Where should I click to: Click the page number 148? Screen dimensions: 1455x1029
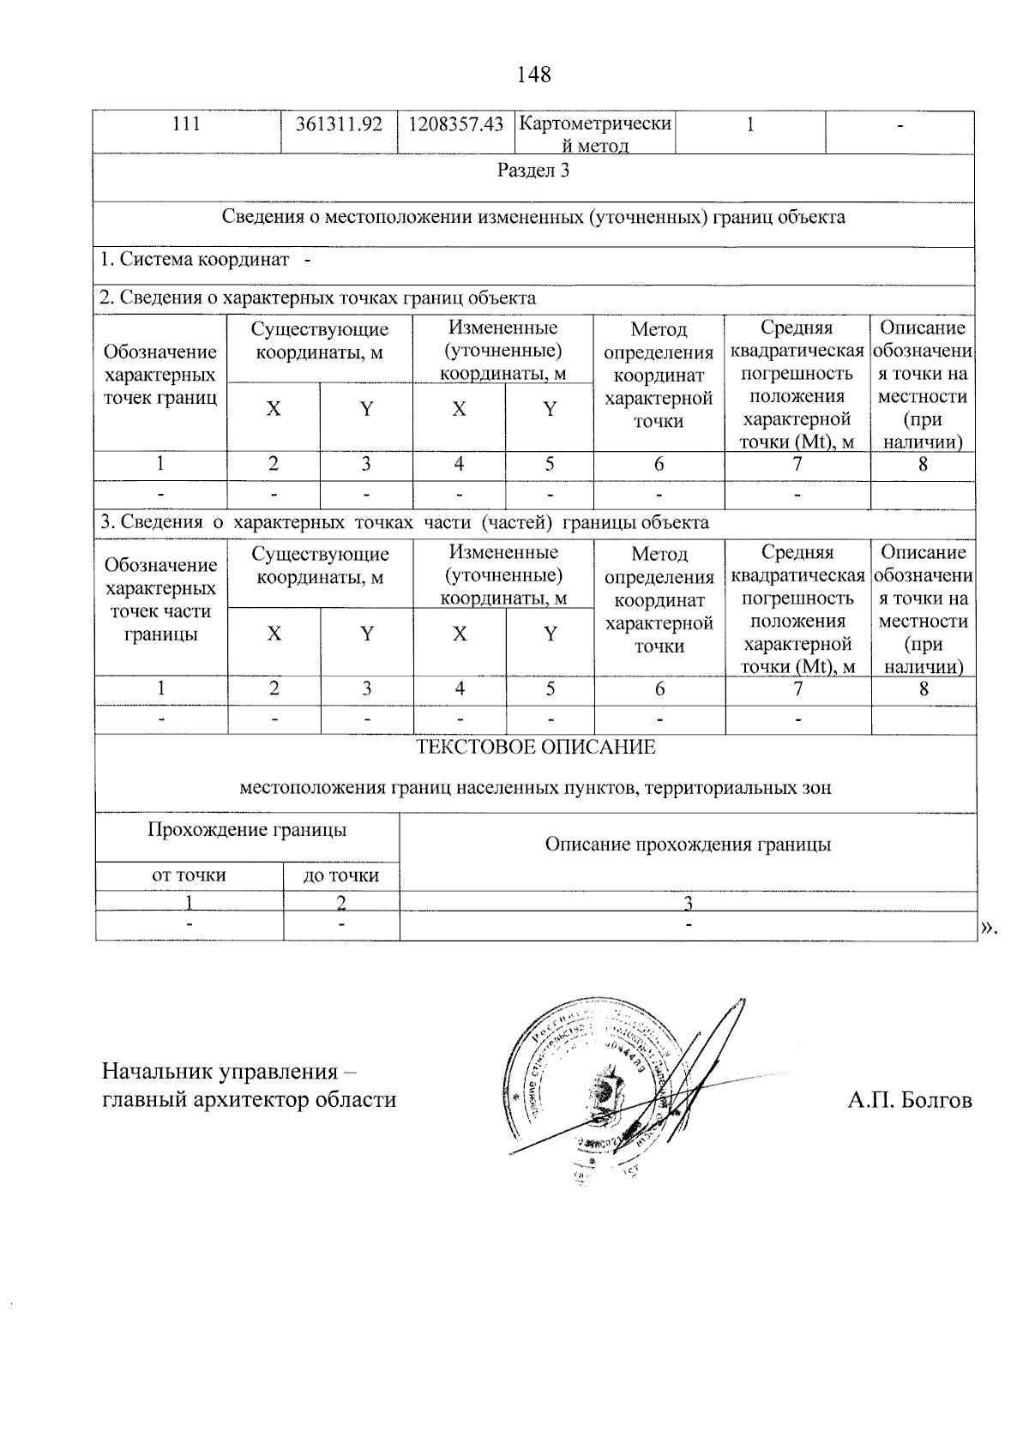[x=533, y=75]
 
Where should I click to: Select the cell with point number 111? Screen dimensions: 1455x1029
[x=186, y=124]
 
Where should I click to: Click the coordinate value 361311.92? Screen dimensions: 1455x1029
[x=339, y=124]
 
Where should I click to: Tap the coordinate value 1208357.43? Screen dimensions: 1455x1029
[x=455, y=124]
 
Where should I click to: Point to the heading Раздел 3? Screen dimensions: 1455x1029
[x=533, y=171]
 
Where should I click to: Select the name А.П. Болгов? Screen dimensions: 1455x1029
[x=910, y=1100]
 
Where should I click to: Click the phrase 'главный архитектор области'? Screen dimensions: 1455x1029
[x=249, y=1100]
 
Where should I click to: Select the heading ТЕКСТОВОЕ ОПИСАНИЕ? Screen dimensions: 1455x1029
[x=535, y=747]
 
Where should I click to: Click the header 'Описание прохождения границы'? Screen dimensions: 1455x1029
[x=688, y=845]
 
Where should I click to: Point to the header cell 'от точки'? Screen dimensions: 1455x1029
[x=189, y=875]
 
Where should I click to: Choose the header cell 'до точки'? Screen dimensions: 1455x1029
[x=341, y=875]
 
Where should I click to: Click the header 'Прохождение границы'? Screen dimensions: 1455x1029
[x=247, y=830]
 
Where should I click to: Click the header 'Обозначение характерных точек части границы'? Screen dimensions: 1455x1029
[x=160, y=600]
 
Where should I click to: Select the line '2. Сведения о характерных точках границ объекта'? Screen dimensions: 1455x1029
[x=318, y=298]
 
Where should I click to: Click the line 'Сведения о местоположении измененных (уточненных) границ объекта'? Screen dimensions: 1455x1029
[x=533, y=217]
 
